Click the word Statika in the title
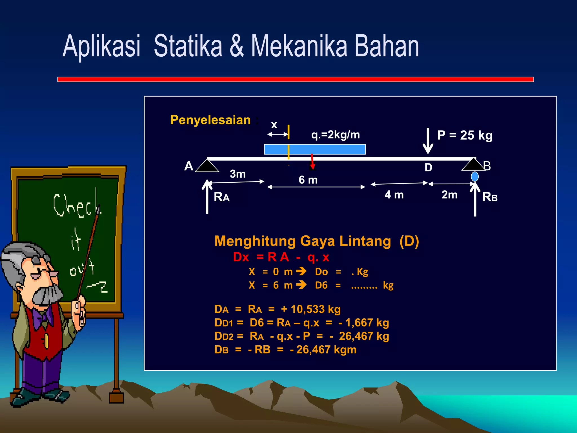[x=188, y=46]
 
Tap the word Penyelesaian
[x=210, y=120]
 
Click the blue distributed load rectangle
[x=315, y=149]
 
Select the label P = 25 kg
[x=465, y=135]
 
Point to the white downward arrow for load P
[x=428, y=141]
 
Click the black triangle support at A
[x=207, y=166]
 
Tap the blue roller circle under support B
[x=475, y=177]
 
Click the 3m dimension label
[x=238, y=174]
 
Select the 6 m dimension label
[x=308, y=180]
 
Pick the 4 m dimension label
[x=394, y=195]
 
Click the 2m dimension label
[x=449, y=195]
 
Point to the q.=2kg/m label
[x=335, y=135]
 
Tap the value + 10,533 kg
[x=311, y=309]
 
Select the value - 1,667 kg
[x=364, y=323]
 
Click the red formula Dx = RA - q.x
[x=281, y=257]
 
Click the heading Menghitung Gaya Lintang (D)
[x=316, y=241]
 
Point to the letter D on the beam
[x=428, y=167]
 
